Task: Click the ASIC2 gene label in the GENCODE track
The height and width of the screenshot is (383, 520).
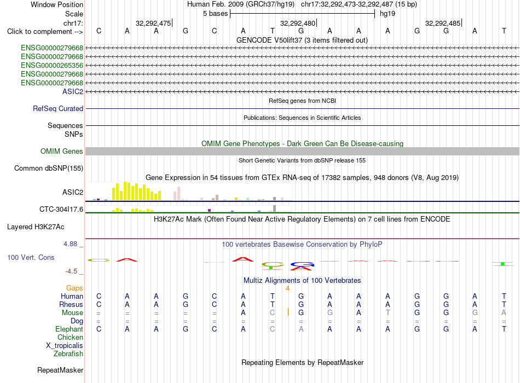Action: tap(73, 91)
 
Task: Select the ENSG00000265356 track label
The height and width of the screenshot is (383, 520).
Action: tap(52, 65)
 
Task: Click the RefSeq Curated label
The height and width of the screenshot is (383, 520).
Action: tap(58, 108)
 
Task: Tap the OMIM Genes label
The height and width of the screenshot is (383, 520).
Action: tap(62, 151)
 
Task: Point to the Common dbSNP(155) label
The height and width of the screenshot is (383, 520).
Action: tap(49, 168)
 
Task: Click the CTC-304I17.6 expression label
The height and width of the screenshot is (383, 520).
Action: tap(61, 209)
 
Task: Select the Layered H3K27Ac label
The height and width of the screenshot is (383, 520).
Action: tap(36, 227)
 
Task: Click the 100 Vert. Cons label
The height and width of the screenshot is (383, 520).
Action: tap(31, 257)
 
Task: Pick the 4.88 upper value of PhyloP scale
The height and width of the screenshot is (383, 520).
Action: tap(70, 244)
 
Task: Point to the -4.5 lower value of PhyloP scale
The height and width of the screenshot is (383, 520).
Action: tap(71, 271)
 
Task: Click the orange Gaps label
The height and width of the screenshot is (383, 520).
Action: tap(74, 288)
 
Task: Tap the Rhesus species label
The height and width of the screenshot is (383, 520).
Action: tap(71, 304)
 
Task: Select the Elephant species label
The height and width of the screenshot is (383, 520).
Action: tap(69, 329)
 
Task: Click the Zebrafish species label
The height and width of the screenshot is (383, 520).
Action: tap(68, 353)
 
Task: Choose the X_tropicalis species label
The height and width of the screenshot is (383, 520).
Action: tap(65, 346)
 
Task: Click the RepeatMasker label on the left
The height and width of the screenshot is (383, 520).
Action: tap(60, 370)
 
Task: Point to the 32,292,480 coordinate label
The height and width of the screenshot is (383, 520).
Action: tap(298, 23)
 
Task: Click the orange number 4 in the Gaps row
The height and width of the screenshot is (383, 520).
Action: tap(287, 288)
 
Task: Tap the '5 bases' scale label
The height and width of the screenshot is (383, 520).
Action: tap(216, 14)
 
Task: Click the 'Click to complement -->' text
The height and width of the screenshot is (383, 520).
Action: tap(45, 32)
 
